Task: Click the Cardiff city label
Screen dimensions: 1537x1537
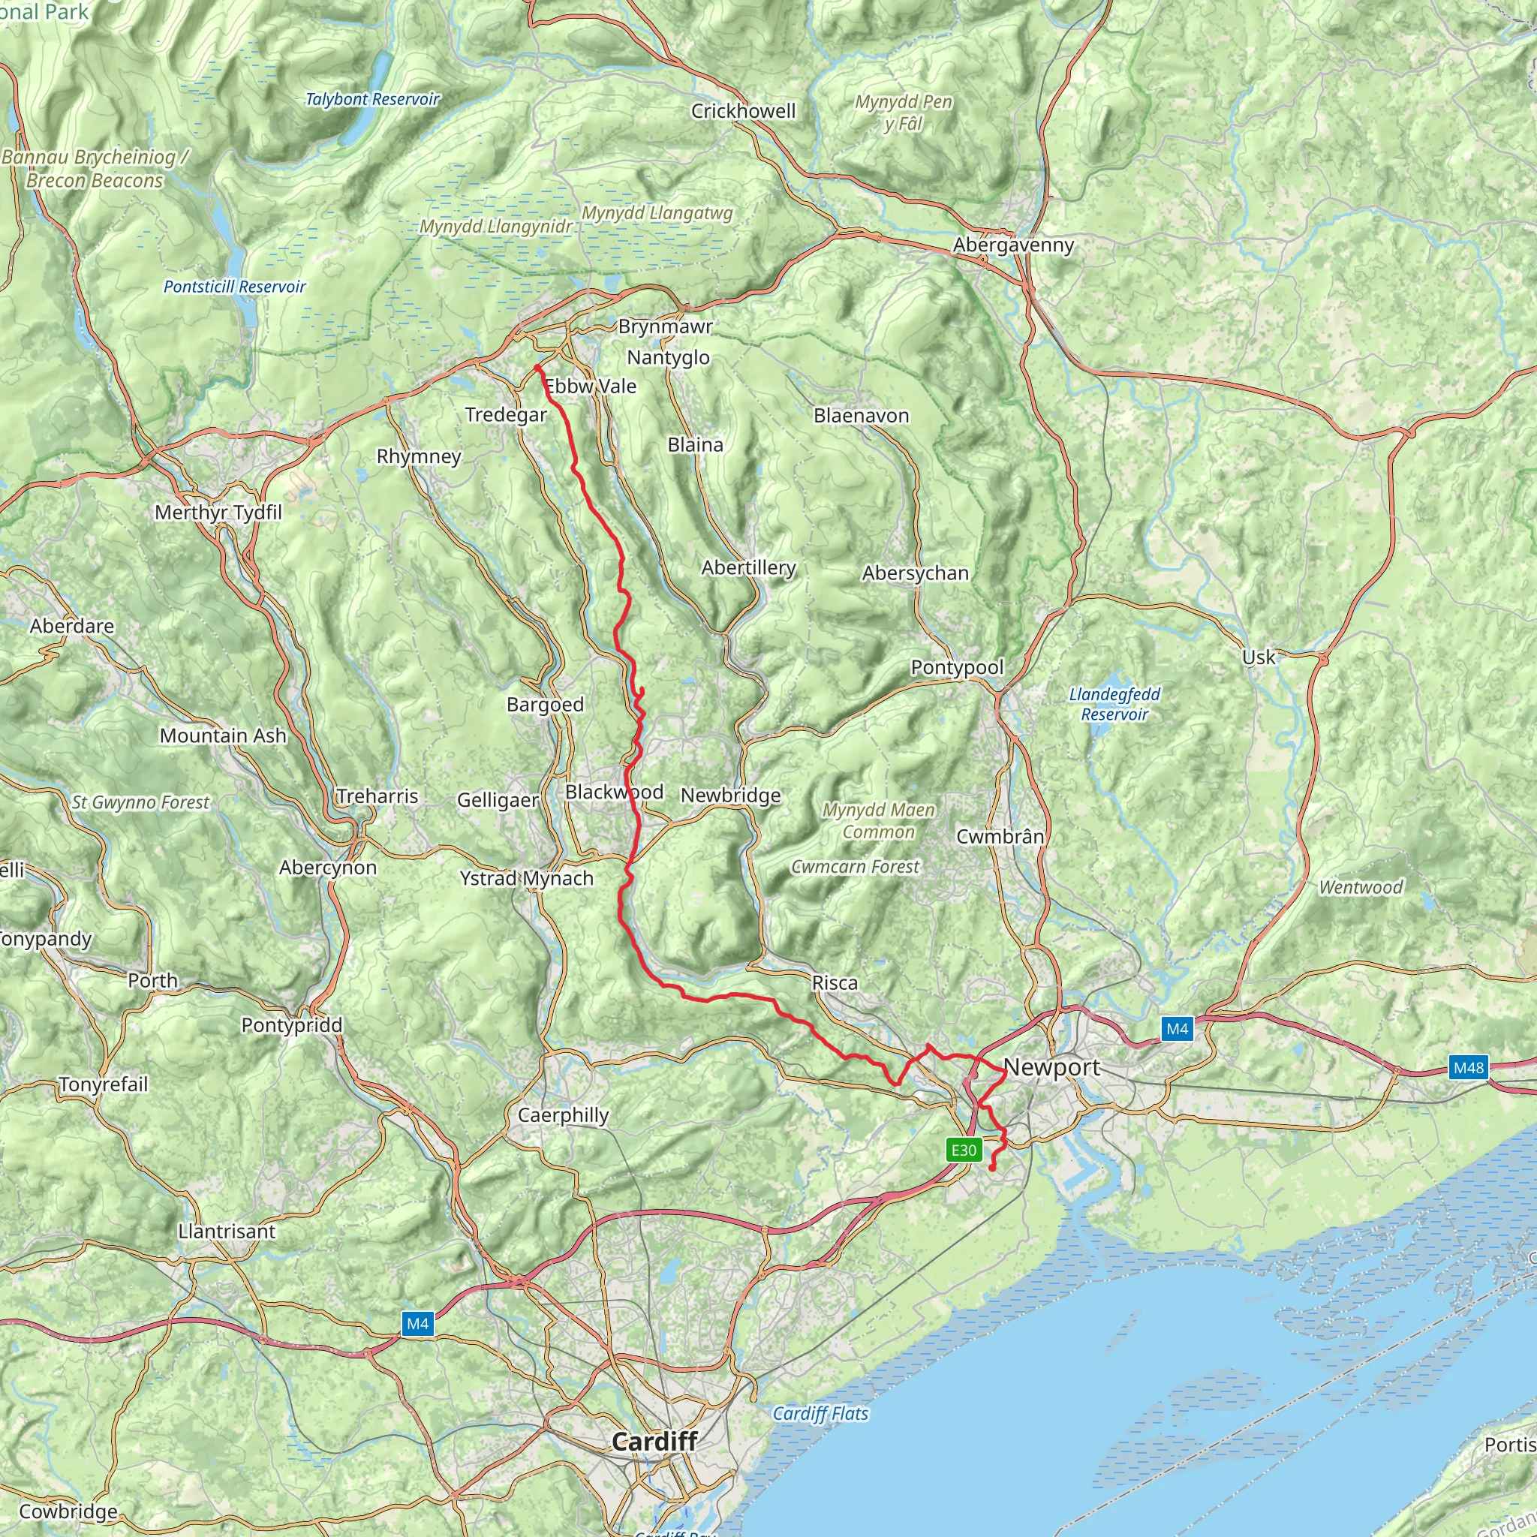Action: coord(654,1441)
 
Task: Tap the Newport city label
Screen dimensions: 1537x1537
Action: coord(1051,1068)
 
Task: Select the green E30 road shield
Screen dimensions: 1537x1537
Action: coord(964,1150)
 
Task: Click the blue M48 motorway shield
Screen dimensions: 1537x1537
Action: coord(1468,1068)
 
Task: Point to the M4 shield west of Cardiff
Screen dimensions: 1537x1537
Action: coord(418,1324)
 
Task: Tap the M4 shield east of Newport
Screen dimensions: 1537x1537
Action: coord(1177,1029)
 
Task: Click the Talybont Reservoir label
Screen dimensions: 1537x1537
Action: coord(372,100)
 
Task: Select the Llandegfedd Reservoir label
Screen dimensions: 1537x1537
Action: coord(1114,704)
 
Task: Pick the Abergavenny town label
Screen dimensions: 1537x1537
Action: coord(1013,245)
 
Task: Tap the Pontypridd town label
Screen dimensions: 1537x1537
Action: coord(292,1024)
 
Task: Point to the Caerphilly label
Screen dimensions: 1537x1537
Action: coord(564,1114)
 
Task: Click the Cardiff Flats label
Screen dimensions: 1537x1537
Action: coord(820,1414)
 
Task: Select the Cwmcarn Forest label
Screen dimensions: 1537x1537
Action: coord(856,866)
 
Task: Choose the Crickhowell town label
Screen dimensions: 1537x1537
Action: coord(743,110)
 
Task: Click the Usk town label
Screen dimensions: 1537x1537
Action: coord(1259,657)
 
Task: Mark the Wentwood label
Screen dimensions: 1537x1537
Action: coord(1361,887)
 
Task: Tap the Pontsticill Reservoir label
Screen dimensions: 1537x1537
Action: coord(235,287)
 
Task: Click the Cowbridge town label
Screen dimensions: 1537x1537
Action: coord(68,1511)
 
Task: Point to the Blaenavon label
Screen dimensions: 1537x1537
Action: coord(861,415)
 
